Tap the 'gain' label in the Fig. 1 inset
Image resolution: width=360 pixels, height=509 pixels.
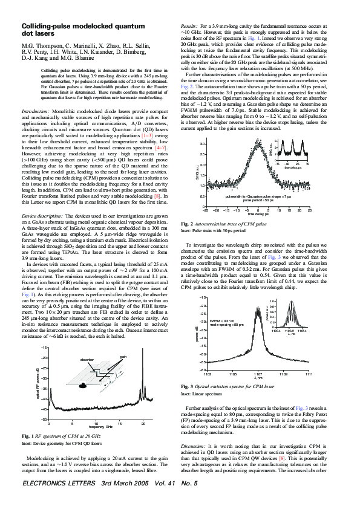tap(123, 357)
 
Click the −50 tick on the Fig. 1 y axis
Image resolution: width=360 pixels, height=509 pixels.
tap(44, 418)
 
